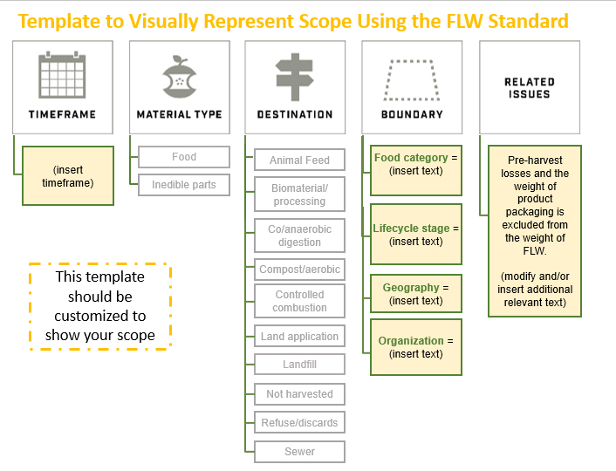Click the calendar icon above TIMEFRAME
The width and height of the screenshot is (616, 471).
tap(62, 75)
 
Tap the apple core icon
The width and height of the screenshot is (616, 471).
tap(180, 77)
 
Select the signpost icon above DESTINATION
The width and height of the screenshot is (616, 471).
tap(295, 77)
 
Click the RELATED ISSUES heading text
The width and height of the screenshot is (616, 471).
tap(530, 87)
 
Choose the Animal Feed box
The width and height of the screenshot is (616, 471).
tap(299, 160)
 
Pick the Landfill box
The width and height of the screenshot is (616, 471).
tap(299, 365)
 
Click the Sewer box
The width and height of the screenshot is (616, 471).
tap(299, 452)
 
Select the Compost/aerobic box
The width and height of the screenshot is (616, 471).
tap(299, 270)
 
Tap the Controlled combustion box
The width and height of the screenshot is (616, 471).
tap(299, 302)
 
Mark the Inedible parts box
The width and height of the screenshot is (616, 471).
tap(183, 185)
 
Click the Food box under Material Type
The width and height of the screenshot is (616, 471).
tap(183, 157)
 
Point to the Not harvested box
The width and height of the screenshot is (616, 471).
tap(299, 394)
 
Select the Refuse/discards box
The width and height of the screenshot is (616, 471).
tap(299, 423)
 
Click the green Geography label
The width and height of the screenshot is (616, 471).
tap(411, 287)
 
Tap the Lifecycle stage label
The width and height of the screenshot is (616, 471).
tap(411, 229)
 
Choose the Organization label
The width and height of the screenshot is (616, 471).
tap(410, 341)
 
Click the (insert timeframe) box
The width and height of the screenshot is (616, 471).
tap(68, 175)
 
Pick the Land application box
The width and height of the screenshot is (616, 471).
tap(299, 337)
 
